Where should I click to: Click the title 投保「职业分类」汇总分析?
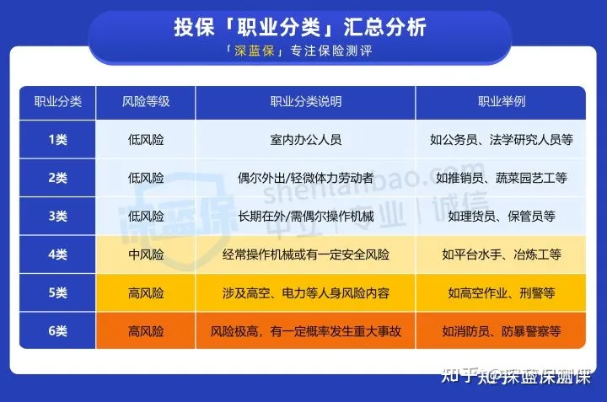click(x=300, y=28)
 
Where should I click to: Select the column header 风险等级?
click(x=146, y=102)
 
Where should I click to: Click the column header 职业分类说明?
click(x=306, y=102)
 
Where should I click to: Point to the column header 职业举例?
click(x=502, y=102)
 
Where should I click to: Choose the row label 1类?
click(x=57, y=139)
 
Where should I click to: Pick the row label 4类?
click(x=57, y=255)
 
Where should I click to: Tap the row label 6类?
click(x=57, y=331)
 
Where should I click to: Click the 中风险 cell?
click(x=146, y=255)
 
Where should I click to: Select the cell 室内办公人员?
click(x=306, y=139)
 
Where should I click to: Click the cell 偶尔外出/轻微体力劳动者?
click(x=306, y=178)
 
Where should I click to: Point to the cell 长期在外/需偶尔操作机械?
click(x=306, y=217)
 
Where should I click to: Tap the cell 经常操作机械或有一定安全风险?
click(x=306, y=255)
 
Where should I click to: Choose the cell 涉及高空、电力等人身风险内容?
click(x=306, y=293)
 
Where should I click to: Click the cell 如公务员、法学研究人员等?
click(x=502, y=139)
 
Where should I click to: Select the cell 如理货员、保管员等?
click(x=502, y=217)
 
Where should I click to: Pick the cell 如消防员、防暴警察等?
click(x=502, y=331)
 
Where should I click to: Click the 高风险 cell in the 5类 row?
click(x=146, y=293)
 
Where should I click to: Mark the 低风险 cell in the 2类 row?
click(x=146, y=178)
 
